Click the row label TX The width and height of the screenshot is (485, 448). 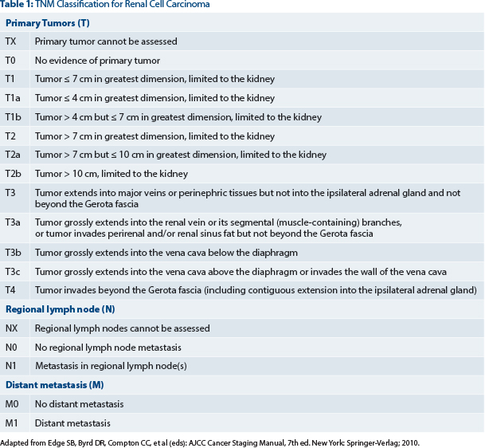coord(11,41)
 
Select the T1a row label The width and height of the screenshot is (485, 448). coord(13,98)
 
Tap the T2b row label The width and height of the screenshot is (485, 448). coord(13,174)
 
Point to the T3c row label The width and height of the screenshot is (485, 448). coord(13,272)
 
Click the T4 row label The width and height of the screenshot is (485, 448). coord(10,289)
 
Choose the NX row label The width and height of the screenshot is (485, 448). coord(12,328)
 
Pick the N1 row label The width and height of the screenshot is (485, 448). coord(11,367)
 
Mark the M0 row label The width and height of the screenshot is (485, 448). coord(12,404)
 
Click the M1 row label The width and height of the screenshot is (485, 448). coord(12,423)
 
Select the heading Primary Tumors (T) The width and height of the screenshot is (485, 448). coord(49,22)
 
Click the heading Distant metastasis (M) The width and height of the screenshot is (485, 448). coord(53,385)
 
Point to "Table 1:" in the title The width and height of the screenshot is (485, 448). coord(17,5)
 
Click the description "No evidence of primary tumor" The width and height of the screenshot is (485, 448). coord(97,61)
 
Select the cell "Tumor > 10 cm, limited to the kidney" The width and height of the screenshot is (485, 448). coord(111,174)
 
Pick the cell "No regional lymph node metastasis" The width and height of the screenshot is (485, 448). coord(108,348)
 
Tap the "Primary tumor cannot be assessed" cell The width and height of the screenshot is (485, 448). coord(106,41)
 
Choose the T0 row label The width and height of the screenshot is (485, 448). coord(10,61)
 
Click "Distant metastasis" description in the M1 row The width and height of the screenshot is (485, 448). coord(72,423)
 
